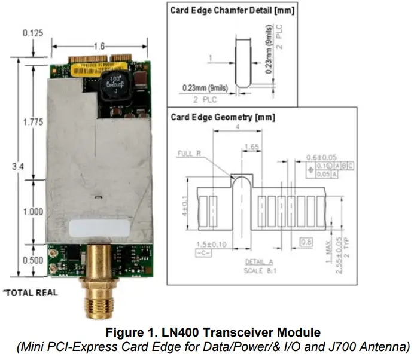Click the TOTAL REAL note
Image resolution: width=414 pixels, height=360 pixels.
point(31,292)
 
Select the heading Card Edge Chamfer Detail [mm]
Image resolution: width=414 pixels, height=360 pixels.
point(232,10)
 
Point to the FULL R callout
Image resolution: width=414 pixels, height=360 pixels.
point(190,154)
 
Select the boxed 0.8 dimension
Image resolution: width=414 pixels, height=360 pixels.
point(306,242)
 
